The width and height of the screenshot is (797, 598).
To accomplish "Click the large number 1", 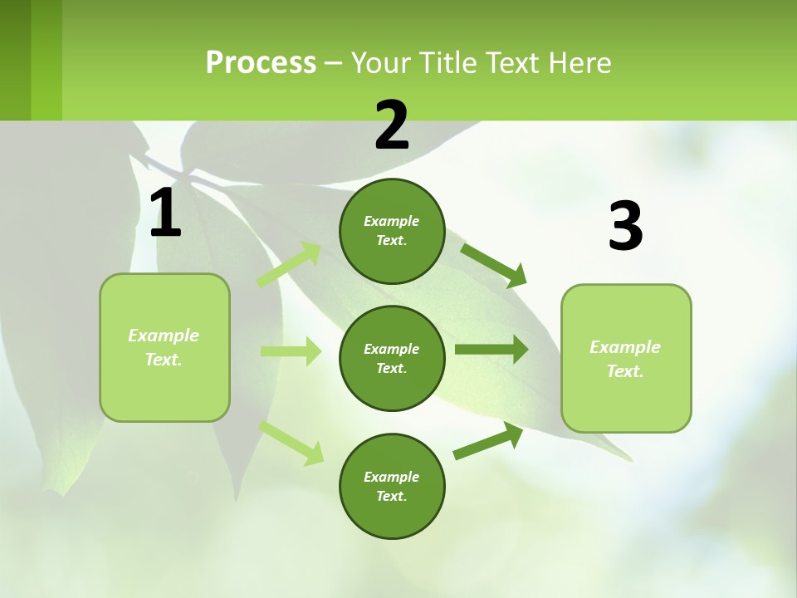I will point(165,213).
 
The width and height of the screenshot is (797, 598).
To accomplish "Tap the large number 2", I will point(392,125).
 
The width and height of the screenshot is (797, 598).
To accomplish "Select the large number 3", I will point(625,227).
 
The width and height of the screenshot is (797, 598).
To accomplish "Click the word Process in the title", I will point(261,62).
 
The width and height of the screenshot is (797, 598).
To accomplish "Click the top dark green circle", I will point(392,231).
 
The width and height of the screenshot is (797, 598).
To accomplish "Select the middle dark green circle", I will point(392,358).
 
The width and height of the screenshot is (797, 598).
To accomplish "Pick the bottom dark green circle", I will point(392,486).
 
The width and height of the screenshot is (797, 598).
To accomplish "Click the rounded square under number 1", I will point(164,347).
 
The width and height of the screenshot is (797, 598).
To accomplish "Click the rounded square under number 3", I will point(626,358).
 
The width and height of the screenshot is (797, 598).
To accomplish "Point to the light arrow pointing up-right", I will point(289,265).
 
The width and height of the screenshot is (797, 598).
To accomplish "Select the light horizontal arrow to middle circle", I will point(291,351).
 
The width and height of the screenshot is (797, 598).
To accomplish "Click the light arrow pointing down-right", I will point(291,443).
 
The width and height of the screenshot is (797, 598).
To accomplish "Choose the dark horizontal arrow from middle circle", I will point(491,350).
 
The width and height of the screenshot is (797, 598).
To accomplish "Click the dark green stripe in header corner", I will point(15,60).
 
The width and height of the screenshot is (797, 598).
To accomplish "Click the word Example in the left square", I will point(164,336).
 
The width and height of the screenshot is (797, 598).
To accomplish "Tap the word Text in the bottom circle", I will point(390,496).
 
